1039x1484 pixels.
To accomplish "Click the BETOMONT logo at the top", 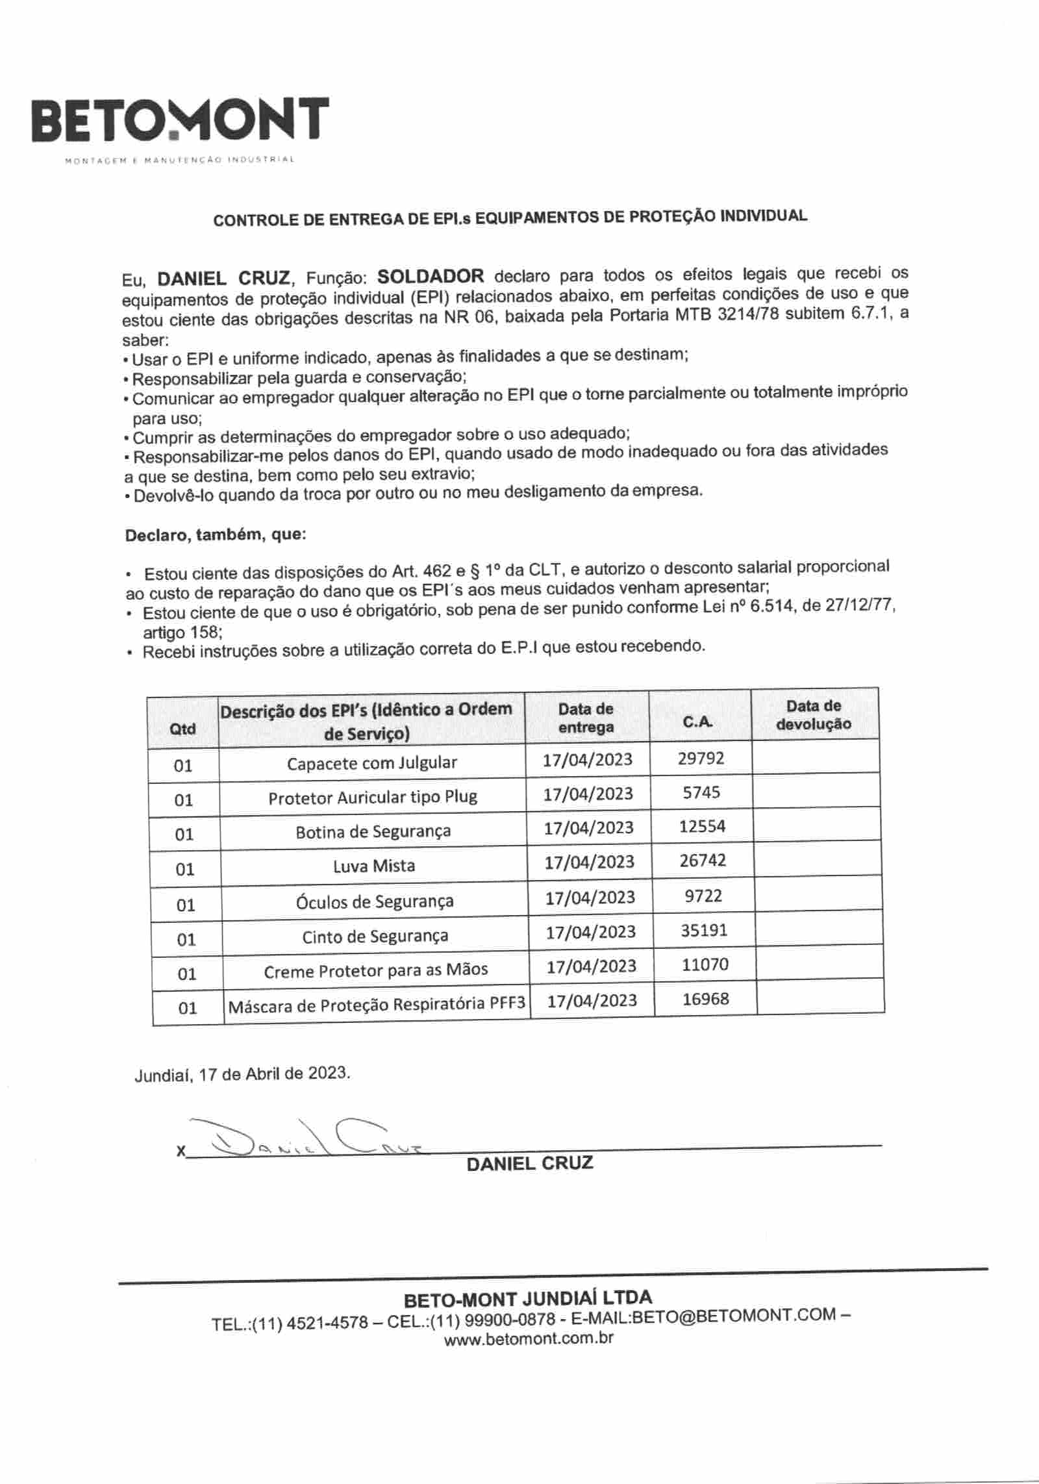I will pos(181,121).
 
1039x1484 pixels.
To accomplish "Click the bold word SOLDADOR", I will pos(431,276).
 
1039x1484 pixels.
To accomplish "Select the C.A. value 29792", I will pos(701,758).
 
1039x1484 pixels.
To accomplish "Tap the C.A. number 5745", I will pos(701,792).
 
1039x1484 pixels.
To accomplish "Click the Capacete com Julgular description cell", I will pos(372,762).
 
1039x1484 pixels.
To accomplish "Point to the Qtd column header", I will pos(182,729).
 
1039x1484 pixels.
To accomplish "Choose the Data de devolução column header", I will pos(814,715).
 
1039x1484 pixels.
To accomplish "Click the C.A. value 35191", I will pos(704,930).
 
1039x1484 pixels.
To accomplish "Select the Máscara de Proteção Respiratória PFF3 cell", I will pos(377,1005).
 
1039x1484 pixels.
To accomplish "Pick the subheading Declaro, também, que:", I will pos(216,535).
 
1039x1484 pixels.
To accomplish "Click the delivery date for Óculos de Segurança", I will pos(590,897).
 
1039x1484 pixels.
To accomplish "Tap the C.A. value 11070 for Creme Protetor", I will pos(705,964).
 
